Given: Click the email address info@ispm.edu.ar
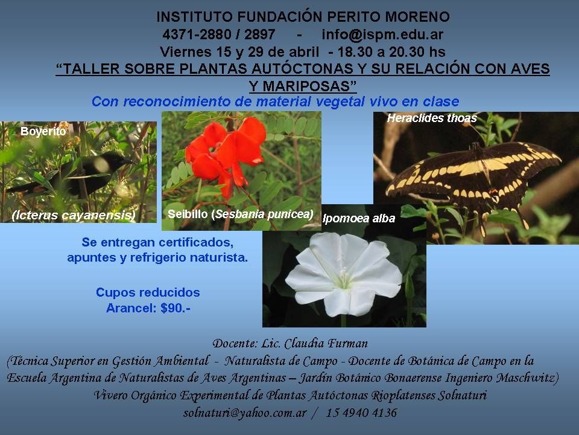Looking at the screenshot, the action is coord(382,34).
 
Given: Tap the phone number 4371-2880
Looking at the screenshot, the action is coord(197,34).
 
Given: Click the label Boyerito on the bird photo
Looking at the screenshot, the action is coord(43,131).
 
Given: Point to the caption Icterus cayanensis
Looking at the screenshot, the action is coord(74,215).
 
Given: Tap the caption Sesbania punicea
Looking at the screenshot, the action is coord(264,214).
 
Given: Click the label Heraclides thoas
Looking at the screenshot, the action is coord(432,118).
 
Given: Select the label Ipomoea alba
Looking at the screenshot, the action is coord(359,219).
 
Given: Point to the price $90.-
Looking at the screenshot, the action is coord(176,308).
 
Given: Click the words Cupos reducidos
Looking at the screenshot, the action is coord(148,292).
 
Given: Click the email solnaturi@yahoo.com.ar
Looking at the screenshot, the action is coord(245,413).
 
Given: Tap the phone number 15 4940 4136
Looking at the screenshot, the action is coord(361,413).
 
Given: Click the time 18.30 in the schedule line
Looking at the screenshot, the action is coord(355,52).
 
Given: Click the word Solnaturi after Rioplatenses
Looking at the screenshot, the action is coord(463,395).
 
